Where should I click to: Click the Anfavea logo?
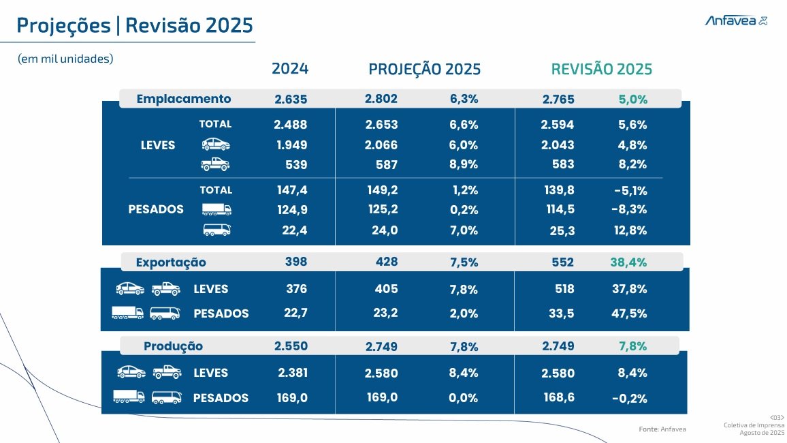click(x=736, y=21)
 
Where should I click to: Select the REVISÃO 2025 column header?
click(x=601, y=70)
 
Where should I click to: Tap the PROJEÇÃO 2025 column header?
click(x=424, y=70)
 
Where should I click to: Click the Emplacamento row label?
click(x=184, y=99)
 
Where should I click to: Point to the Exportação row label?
click(x=171, y=262)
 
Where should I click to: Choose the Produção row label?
click(x=173, y=346)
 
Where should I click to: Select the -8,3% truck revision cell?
click(x=630, y=209)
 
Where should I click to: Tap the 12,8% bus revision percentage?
click(x=630, y=230)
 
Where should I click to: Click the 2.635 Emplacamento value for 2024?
click(x=291, y=100)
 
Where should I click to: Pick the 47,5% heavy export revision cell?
click(x=630, y=314)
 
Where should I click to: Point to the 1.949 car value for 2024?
click(x=291, y=145)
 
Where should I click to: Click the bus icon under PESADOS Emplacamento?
click(x=216, y=230)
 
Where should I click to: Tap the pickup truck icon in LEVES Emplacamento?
click(x=215, y=164)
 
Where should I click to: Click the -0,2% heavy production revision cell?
click(x=630, y=399)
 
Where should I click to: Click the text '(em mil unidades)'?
click(x=65, y=59)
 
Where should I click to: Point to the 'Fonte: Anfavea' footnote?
click(x=662, y=429)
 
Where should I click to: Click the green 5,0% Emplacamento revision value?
click(x=633, y=100)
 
